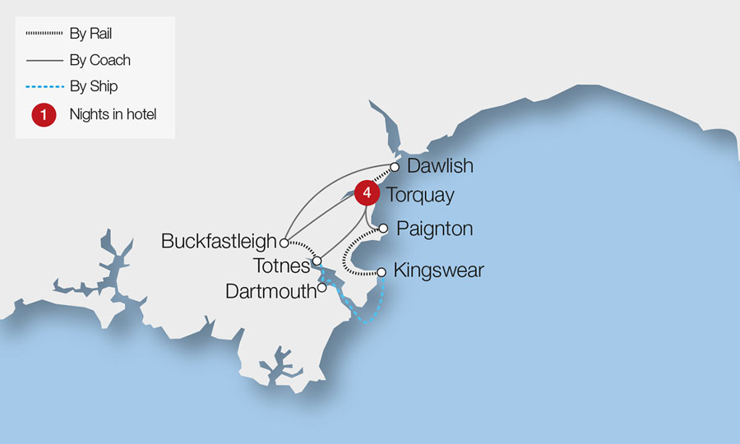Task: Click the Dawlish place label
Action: point(440,166)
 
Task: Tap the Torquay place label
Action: point(419,197)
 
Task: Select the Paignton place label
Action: point(434,229)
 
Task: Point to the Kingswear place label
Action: point(438,270)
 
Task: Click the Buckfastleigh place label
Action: point(219,242)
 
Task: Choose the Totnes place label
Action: point(281,265)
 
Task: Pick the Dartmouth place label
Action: point(271,290)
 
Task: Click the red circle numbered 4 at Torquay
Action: point(368,193)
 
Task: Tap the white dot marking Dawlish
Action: point(395,167)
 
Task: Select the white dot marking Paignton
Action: point(382,229)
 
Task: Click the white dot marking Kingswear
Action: point(381,271)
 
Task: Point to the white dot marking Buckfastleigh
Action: point(284,243)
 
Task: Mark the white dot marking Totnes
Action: point(317,261)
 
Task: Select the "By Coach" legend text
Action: point(99,60)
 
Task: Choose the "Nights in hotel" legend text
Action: point(113,115)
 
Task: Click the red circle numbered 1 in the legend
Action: point(44,115)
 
